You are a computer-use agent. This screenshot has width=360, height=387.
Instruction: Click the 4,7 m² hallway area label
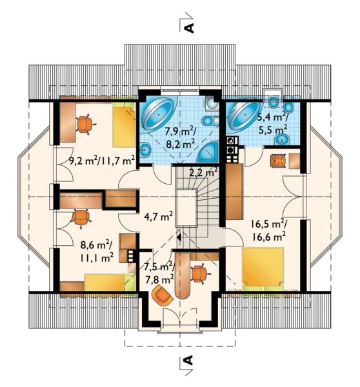coord(158,219)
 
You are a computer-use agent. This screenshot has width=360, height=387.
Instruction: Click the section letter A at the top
coord(189,28)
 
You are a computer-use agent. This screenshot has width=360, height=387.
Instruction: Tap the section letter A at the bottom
coord(188,360)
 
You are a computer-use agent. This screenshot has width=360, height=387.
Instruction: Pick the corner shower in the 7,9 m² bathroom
coord(208,152)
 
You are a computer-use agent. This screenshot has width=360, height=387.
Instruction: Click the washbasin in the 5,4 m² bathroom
coord(282,140)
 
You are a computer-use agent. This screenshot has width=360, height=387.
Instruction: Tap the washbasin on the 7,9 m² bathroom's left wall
coord(145,150)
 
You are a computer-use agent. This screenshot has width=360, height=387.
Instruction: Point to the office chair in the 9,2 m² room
coord(85,124)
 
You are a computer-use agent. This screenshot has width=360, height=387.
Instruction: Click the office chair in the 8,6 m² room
coord(81,217)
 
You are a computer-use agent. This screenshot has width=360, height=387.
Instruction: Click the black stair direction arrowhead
coord(179,237)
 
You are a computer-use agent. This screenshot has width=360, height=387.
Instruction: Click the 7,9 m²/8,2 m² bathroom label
coord(181,137)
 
